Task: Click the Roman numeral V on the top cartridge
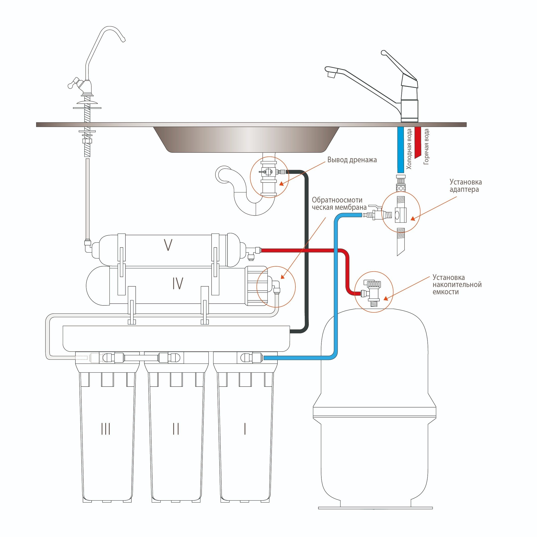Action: click(x=168, y=245)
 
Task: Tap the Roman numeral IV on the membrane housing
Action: click(x=178, y=284)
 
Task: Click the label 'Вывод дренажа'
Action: click(x=352, y=160)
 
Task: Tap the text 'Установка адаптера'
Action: click(x=466, y=186)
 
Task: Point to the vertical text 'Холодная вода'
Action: click(x=409, y=149)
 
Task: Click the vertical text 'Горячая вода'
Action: click(x=426, y=147)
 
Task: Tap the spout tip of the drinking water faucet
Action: click(x=122, y=40)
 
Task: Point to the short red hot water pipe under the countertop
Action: click(x=418, y=142)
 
